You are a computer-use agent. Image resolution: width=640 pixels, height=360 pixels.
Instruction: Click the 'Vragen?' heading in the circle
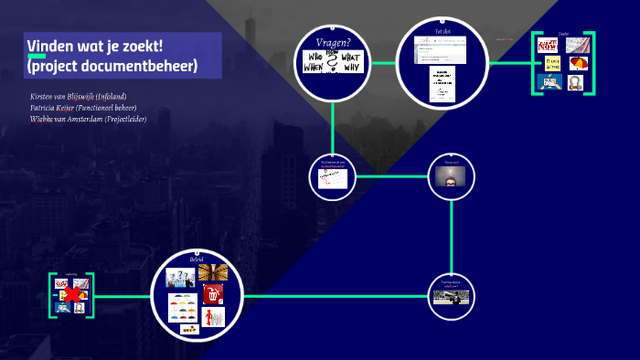[x=333, y=41]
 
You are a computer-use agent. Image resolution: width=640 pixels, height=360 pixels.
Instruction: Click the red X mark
[x=69, y=295]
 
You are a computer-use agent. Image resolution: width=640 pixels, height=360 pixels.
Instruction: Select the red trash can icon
[x=211, y=295]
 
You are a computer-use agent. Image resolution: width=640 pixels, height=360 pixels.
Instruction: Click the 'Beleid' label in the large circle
[x=197, y=260]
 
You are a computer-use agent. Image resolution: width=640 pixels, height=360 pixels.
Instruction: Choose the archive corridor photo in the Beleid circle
[x=213, y=273]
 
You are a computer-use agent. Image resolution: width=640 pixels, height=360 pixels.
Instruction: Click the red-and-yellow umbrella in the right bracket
[x=578, y=63]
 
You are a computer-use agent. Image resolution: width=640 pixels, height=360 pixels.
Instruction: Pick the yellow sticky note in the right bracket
[x=552, y=64]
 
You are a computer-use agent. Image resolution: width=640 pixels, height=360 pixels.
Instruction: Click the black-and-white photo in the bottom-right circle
[x=452, y=296]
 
